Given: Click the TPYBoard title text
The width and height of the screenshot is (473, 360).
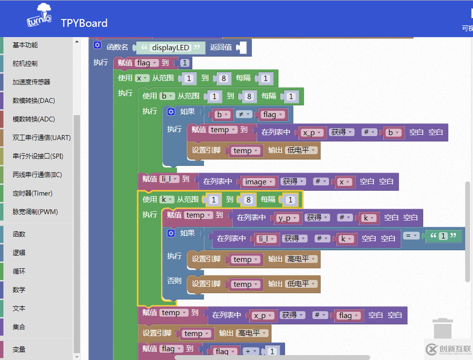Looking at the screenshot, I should [x=84, y=23].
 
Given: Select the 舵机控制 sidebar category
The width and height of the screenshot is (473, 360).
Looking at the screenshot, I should [x=25, y=63].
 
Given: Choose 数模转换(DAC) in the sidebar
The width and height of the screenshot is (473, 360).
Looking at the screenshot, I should [x=34, y=100].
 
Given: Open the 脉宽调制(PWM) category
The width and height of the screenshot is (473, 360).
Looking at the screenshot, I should [x=35, y=212].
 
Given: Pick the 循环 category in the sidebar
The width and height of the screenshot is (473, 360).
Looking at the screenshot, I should [x=19, y=271].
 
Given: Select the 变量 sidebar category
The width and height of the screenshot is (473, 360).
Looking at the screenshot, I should [x=19, y=349].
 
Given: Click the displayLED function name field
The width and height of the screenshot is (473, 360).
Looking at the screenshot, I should [x=170, y=47].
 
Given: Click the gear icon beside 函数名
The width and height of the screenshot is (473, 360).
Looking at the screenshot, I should [x=97, y=45].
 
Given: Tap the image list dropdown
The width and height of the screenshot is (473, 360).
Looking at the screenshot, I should [x=258, y=181].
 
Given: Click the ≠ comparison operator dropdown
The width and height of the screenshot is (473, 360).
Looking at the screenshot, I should [x=243, y=115].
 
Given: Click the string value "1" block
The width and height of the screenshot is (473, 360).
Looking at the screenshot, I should [x=443, y=236].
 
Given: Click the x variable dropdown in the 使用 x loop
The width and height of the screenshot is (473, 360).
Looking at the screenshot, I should [x=142, y=78].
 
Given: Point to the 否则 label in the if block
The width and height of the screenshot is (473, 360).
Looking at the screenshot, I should [x=174, y=281].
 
